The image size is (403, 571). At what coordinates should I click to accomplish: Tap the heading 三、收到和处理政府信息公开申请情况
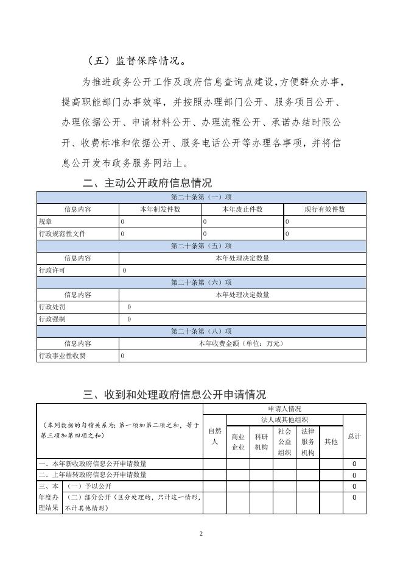[x=174, y=395]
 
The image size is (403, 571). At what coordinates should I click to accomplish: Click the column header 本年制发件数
[x=160, y=209]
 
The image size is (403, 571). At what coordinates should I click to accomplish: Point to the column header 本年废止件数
[x=242, y=209]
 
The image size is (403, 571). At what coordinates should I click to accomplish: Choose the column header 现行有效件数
[x=324, y=209]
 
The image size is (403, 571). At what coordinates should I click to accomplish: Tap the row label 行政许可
[x=51, y=270]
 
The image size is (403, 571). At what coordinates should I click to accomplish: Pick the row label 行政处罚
[x=51, y=307]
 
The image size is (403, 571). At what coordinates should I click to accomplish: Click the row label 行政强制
[x=51, y=319]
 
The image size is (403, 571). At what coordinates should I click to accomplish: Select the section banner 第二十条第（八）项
[x=201, y=331]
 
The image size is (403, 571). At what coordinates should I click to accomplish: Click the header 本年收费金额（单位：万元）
[x=242, y=343]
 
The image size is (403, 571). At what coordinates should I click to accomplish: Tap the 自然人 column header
[x=214, y=437]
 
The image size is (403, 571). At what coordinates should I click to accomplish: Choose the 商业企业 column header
[x=238, y=442]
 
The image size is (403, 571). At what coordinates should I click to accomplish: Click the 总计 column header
[x=354, y=437]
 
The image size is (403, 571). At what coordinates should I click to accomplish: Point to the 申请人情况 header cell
[x=284, y=409]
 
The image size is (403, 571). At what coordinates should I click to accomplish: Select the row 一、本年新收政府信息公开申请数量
[x=93, y=464]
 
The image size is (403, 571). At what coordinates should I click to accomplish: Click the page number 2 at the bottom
[x=201, y=534]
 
